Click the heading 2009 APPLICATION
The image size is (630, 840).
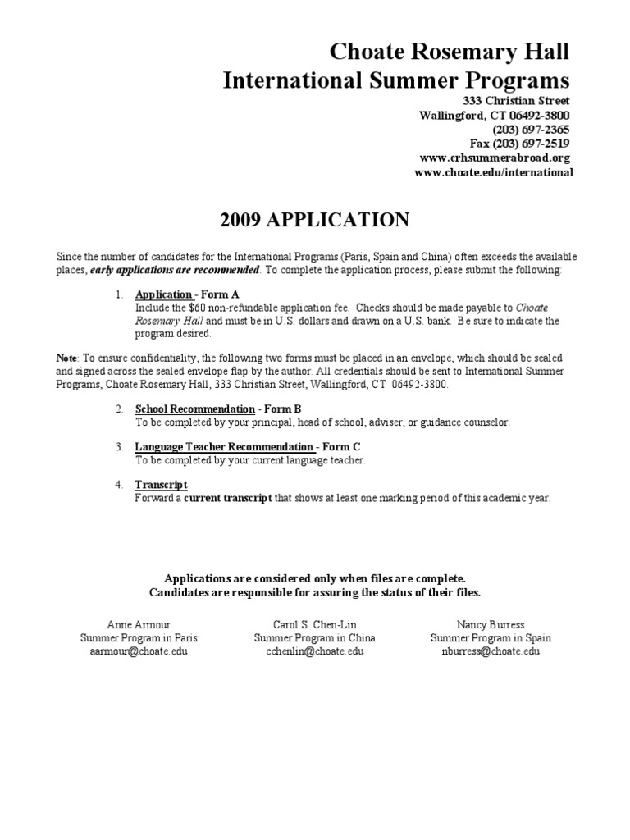click(315, 219)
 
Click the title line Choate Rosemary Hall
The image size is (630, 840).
click(449, 52)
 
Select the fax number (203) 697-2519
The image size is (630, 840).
click(532, 144)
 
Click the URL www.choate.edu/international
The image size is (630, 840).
click(494, 172)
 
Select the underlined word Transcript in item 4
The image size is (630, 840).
click(161, 485)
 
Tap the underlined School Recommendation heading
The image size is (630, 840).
click(195, 409)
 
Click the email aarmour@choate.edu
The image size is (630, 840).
click(139, 651)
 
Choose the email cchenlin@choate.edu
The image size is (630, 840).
click(314, 651)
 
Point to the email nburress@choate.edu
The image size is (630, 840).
click(491, 651)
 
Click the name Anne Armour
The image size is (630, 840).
click(139, 624)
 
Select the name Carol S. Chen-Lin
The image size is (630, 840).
click(314, 624)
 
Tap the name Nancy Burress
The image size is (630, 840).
click(491, 624)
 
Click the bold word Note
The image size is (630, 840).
click(66, 358)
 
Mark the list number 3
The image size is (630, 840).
click(119, 447)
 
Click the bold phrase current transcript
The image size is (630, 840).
click(228, 498)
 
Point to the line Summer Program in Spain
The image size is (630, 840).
click(491, 638)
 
